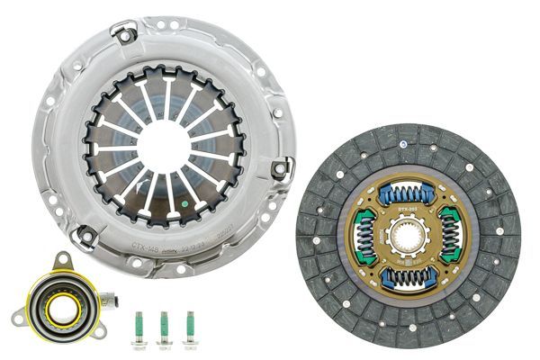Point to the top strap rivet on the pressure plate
(124, 33)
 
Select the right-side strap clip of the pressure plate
(281, 167)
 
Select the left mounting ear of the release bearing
(18, 316)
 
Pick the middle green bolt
(165, 328)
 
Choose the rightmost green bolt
(189, 328)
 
